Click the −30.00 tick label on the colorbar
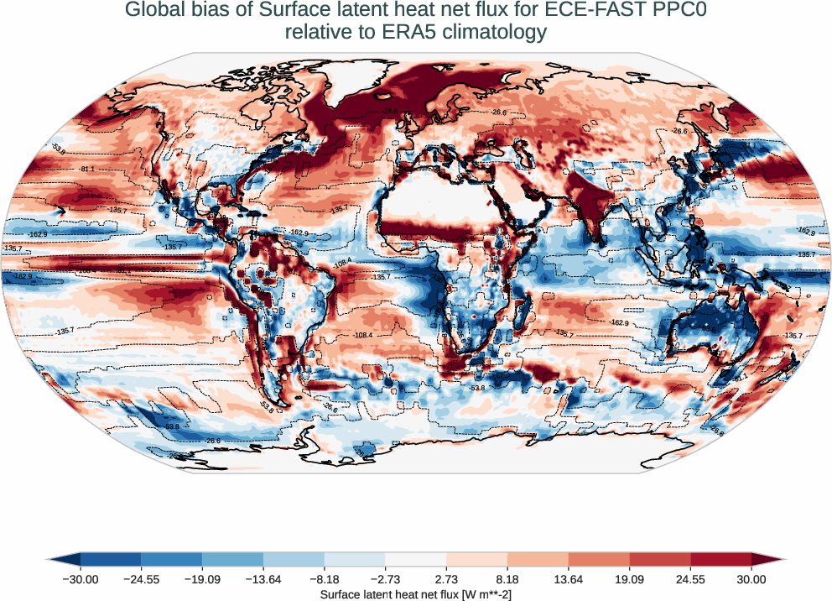[81, 578]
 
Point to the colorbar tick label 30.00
[751, 578]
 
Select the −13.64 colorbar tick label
[263, 578]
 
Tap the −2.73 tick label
[385, 578]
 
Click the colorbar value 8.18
[507, 578]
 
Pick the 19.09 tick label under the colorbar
[629, 578]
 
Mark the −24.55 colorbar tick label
[141, 578]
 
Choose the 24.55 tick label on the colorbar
[690, 578]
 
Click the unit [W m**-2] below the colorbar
[478, 594]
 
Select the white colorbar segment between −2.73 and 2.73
[416, 559]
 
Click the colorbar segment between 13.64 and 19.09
[599, 559]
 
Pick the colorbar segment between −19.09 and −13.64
[232, 559]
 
